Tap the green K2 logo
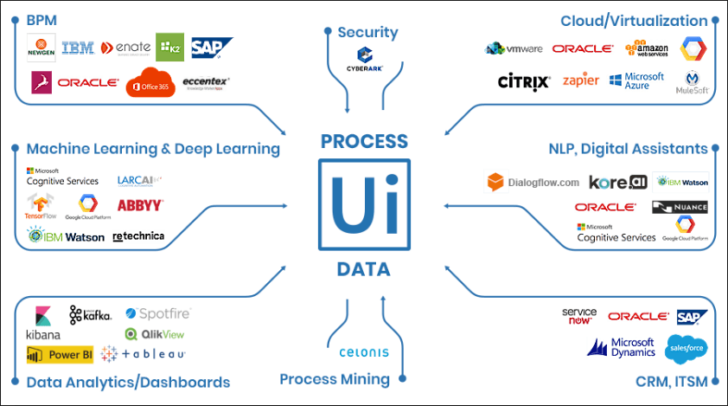click(169, 47)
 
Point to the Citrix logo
click(524, 82)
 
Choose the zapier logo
click(580, 81)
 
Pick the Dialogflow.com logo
click(533, 183)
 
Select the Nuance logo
click(680, 207)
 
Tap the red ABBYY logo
click(139, 205)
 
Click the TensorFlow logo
click(42, 206)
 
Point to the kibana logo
click(42, 324)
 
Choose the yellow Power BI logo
click(60, 353)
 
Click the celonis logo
click(364, 352)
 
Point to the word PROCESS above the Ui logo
click(364, 141)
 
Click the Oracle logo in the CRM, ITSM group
click(638, 317)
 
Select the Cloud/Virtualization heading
click(634, 21)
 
